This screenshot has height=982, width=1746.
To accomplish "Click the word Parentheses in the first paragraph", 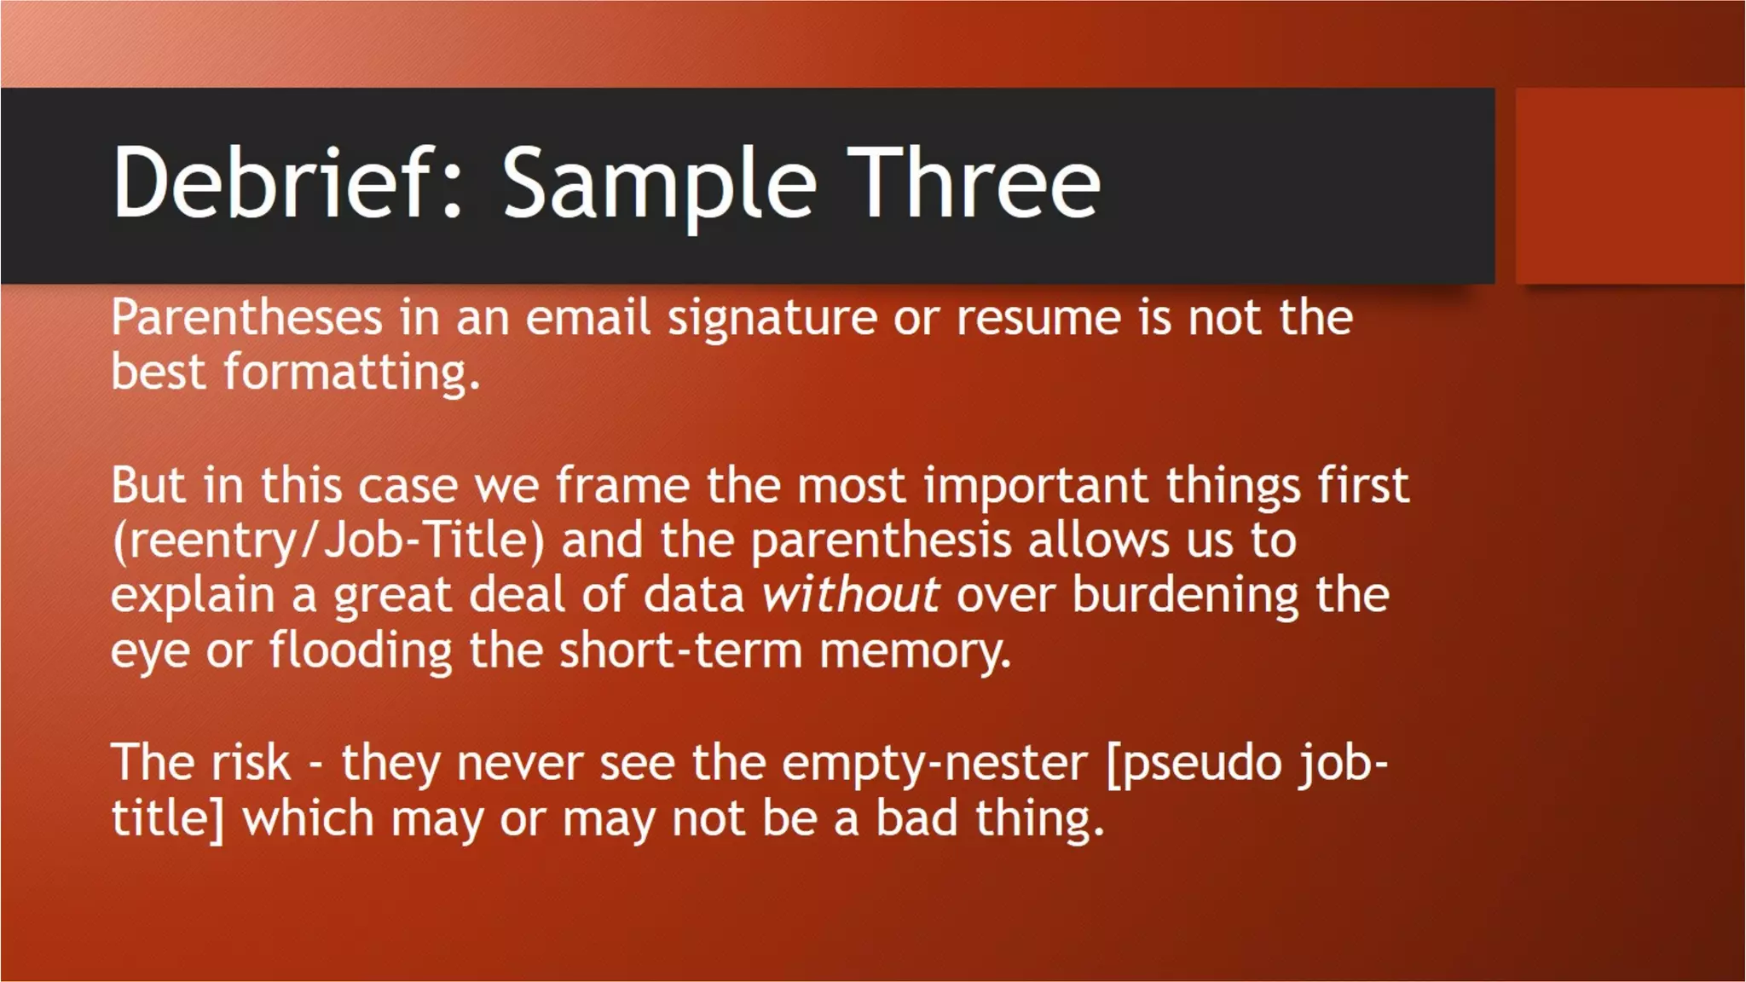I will pos(247,318).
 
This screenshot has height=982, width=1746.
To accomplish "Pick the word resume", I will pos(1038,318).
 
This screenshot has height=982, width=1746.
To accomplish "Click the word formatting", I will pos(352,373).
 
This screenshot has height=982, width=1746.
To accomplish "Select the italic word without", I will pos(850,594).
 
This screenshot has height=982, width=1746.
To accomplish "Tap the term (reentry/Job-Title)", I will pos(328,540).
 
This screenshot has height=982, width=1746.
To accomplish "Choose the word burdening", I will pos(1185,594).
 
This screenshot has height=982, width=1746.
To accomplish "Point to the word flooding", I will pos(361,650).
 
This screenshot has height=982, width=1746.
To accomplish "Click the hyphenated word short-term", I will pos(680,650).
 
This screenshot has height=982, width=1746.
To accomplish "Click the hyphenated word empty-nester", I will pos(934,762).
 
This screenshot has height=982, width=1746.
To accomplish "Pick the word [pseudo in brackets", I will pos(1194,762).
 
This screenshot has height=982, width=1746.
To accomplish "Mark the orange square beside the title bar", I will pos(1630,186).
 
